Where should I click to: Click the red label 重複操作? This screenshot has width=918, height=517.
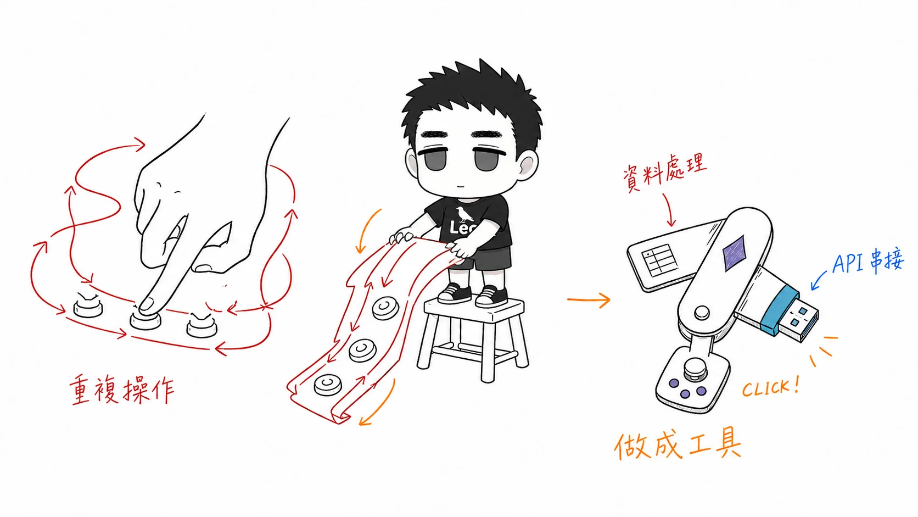click(122, 390)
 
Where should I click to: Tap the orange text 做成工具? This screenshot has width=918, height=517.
click(678, 444)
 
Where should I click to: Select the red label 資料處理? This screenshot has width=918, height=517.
click(664, 172)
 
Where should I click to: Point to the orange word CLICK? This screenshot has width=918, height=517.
click(770, 387)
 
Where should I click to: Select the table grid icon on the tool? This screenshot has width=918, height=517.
click(659, 260)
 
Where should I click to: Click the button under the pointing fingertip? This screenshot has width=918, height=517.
click(145, 319)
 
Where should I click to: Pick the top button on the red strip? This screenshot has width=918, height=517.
click(385, 308)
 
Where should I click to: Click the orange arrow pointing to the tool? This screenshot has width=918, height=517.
click(589, 299)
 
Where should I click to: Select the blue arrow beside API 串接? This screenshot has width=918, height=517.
click(819, 280)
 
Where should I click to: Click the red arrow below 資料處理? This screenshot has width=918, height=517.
click(669, 210)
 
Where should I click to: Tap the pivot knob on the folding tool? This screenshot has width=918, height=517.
click(702, 313)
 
